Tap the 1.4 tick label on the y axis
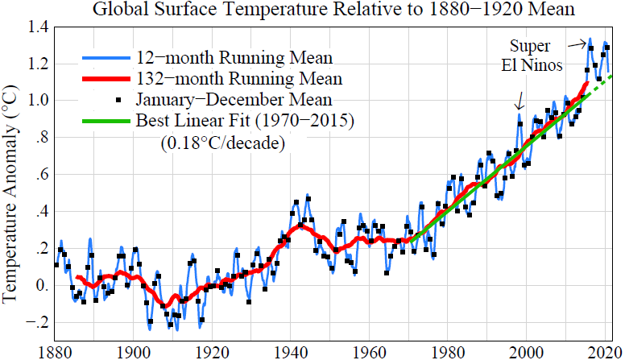coord(36,27)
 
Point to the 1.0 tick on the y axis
coord(36,101)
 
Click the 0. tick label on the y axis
coord(38,287)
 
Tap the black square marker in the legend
coord(120,100)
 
